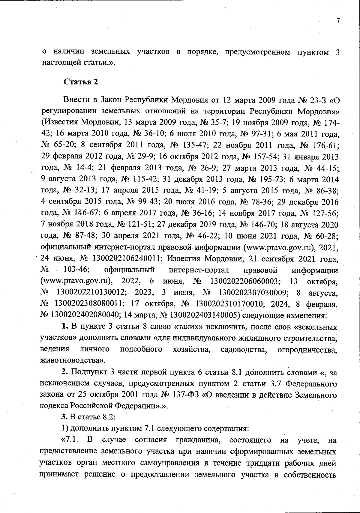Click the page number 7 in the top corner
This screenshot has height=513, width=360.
pyautogui.click(x=338, y=21)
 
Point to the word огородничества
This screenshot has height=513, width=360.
pyautogui.click(x=307, y=350)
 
